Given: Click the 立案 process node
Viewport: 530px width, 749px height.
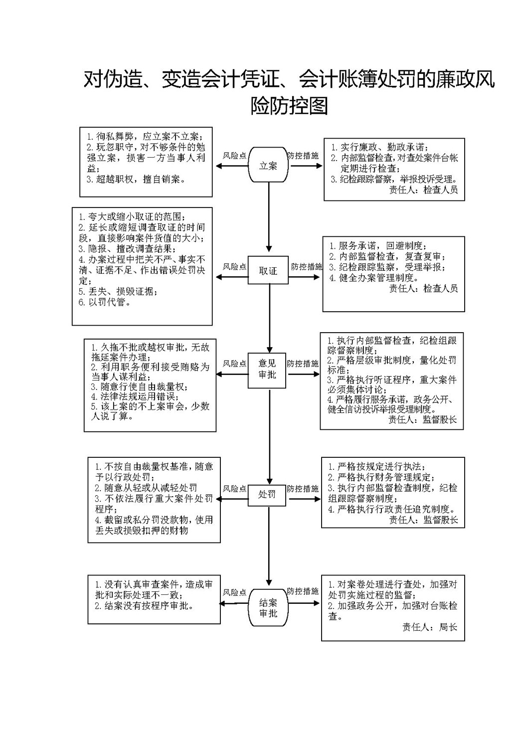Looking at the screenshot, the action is point(268,165).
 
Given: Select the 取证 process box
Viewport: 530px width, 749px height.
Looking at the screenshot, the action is point(268,270).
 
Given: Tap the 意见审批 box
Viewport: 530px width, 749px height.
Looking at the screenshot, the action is point(267,371).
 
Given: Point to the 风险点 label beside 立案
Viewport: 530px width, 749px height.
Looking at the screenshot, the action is point(234,156).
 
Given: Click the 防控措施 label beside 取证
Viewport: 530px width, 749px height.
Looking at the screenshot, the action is point(306,266).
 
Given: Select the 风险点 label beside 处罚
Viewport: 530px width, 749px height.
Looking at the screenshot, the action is point(234,489).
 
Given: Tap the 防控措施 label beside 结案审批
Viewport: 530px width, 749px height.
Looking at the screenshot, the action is point(303,591).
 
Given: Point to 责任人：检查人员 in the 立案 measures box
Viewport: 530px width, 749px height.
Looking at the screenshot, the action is point(423,190).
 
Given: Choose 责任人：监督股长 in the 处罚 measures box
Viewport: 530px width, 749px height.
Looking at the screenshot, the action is point(423,520).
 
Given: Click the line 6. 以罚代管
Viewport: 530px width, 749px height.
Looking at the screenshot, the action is point(104,302).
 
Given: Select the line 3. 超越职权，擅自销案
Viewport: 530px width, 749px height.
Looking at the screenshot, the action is point(136,179).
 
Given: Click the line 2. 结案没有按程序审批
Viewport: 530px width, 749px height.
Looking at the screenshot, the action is point(145,606).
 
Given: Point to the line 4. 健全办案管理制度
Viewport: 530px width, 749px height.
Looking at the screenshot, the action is point(374,278).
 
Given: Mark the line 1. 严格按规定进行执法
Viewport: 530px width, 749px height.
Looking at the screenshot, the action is point(377,466).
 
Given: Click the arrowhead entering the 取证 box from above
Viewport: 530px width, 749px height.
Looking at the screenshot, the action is point(269,249).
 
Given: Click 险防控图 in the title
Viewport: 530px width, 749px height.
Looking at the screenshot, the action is point(289,106).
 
